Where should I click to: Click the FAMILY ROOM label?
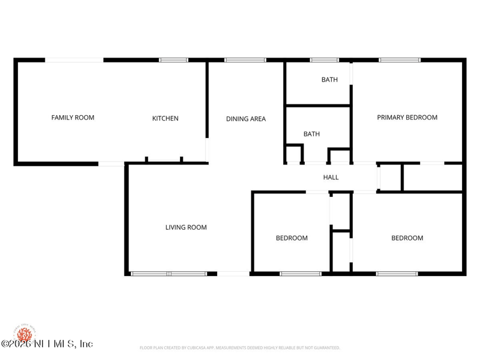click(73, 118)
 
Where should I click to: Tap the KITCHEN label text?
click(165, 119)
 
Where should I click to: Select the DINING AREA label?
click(245, 119)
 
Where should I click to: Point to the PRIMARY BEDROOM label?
click(407, 118)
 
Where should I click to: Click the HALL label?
click(331, 178)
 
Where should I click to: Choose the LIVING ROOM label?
click(186, 227)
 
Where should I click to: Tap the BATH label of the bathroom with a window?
click(329, 80)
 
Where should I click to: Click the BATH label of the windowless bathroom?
click(311, 134)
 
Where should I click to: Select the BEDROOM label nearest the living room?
click(292, 238)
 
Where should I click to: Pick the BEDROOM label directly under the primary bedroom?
click(407, 238)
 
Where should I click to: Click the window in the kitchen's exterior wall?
click(173, 60)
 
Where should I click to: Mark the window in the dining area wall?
click(245, 60)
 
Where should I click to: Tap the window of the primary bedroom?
click(400, 60)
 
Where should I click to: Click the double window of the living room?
click(169, 274)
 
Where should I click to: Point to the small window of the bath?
click(324, 60)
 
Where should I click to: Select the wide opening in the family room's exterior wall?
click(74, 60)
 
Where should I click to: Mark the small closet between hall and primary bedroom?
click(389, 177)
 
